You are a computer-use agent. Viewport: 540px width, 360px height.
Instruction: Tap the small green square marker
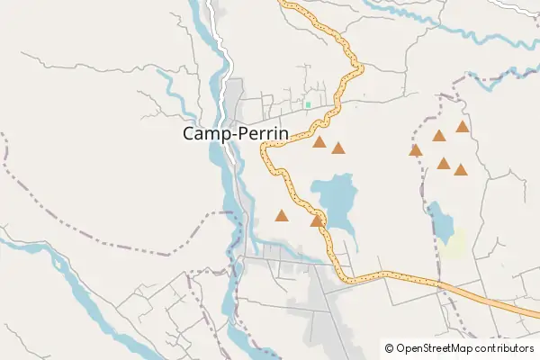pos(308,105)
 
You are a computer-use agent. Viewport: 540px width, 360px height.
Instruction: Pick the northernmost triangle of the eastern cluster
pos(462,127)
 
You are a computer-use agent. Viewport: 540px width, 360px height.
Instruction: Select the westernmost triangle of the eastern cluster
pos(415,150)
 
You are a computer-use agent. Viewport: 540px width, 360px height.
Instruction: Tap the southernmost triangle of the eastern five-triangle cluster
pos(461,169)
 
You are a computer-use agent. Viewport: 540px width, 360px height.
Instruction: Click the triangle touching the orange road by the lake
pos(316,220)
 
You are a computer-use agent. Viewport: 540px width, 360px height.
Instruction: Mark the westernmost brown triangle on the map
pos(282,216)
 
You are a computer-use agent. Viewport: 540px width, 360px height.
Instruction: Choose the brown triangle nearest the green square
pos(319,142)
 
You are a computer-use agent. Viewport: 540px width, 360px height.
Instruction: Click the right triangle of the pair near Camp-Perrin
pos(337,148)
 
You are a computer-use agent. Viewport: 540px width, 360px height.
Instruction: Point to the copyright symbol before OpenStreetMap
pos(389,347)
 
